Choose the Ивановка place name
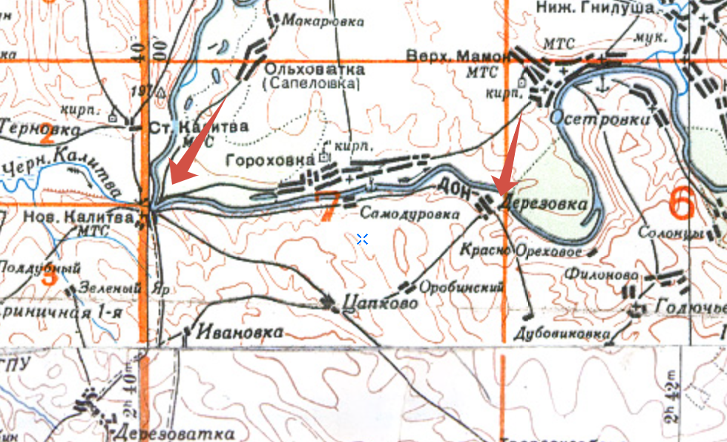[240, 331]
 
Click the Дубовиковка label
[562, 334]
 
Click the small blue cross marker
[362, 239]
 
